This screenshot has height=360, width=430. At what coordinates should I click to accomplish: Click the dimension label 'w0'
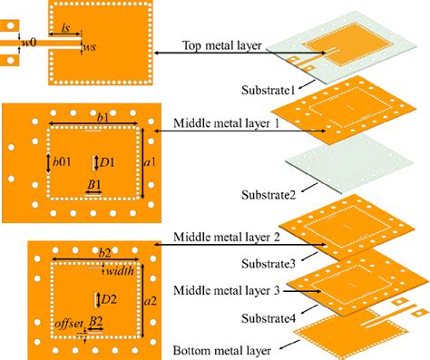pyautogui.click(x=28, y=42)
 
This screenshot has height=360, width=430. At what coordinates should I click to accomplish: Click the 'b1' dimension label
pyautogui.click(x=102, y=119)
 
